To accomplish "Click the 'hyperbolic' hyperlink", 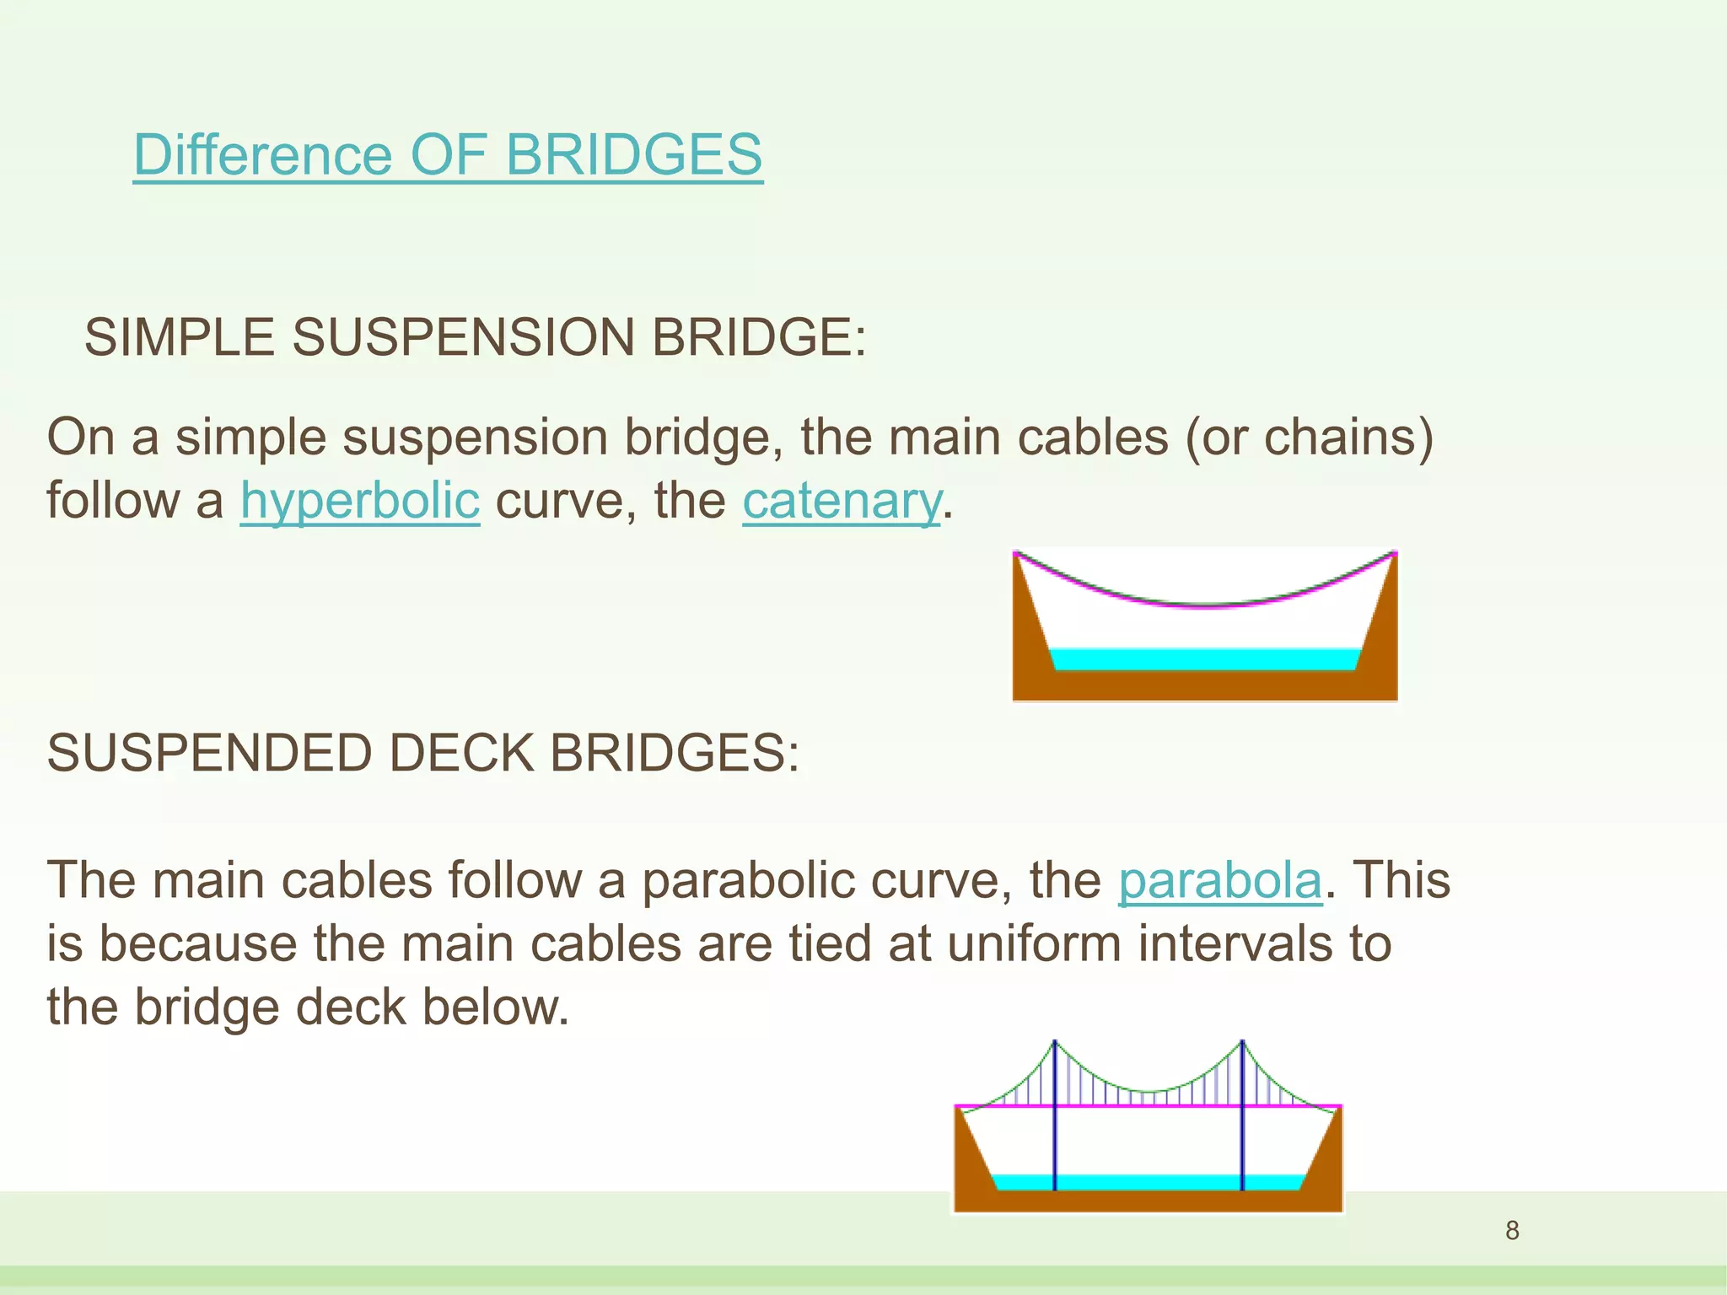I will [360, 501].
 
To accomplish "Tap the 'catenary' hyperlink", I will [841, 501].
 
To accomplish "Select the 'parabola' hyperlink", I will [1219, 881].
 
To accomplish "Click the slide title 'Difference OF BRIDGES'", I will [448, 155].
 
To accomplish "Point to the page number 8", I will [1512, 1231].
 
